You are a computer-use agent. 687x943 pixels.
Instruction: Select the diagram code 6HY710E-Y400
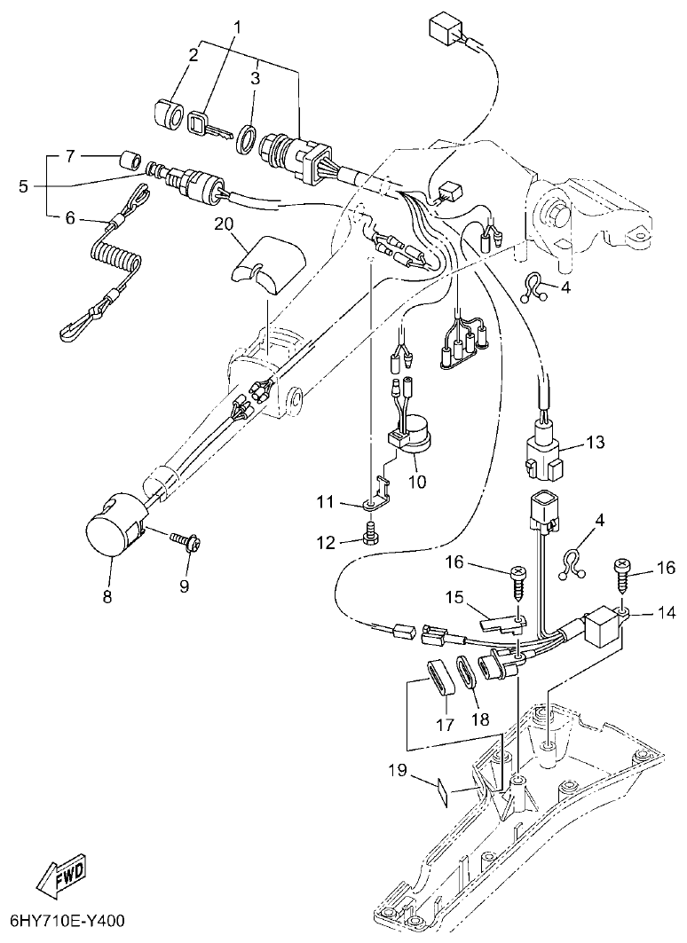point(67,923)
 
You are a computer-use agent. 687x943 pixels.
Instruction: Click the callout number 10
point(416,482)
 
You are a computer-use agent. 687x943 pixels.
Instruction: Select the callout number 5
point(24,186)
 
